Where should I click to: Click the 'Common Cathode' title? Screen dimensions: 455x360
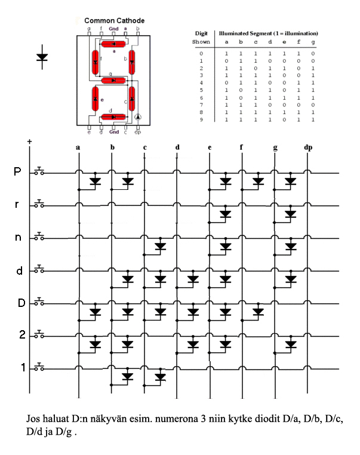(114, 21)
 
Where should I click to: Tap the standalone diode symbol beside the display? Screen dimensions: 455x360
(42, 57)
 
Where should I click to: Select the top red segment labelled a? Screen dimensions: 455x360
(113, 44)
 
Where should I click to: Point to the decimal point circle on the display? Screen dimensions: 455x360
(138, 118)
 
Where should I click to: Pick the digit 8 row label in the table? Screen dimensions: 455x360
(201, 112)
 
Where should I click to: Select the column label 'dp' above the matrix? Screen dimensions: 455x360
(308, 147)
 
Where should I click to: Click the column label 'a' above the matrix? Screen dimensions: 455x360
(78, 147)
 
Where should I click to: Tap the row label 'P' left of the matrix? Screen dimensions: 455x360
(17, 171)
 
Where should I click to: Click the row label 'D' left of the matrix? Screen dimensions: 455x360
(21, 303)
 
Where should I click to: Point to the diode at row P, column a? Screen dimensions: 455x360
(94, 182)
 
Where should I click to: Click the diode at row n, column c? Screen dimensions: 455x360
(159, 246)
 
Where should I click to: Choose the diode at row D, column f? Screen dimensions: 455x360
(257, 311)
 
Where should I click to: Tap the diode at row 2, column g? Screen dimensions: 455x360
(290, 344)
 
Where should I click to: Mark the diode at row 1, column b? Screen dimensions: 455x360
(127, 376)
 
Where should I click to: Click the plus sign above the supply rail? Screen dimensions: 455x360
(29, 142)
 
